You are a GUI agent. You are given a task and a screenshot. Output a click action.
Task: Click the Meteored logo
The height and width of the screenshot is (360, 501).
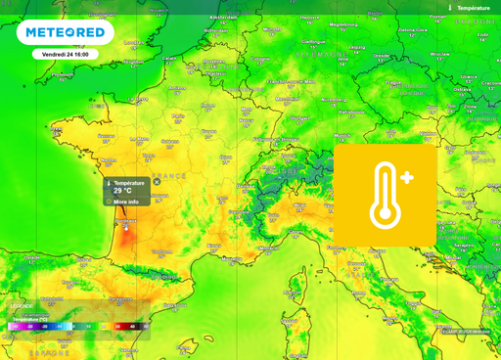(65, 32)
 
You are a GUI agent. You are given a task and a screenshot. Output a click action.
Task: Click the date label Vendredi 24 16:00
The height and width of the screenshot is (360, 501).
(65, 54)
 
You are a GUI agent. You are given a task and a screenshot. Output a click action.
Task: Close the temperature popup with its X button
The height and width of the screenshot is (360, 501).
(157, 182)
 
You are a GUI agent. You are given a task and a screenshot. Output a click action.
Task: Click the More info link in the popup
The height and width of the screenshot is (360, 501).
(125, 202)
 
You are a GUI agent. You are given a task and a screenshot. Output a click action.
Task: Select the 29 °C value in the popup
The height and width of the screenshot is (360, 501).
(122, 191)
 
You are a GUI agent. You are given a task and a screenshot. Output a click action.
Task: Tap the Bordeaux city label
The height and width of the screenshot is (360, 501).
(125, 221)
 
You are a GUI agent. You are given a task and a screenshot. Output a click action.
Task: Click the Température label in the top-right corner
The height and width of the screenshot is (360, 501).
(474, 7)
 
